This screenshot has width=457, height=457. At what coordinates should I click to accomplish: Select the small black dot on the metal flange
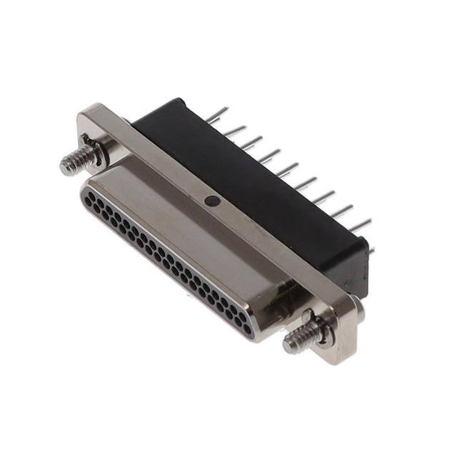click(x=211, y=202)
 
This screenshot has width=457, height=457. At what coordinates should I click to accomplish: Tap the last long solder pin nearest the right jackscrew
click(x=360, y=226)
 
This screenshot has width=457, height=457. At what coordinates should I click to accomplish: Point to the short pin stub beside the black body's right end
click(x=371, y=250)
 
